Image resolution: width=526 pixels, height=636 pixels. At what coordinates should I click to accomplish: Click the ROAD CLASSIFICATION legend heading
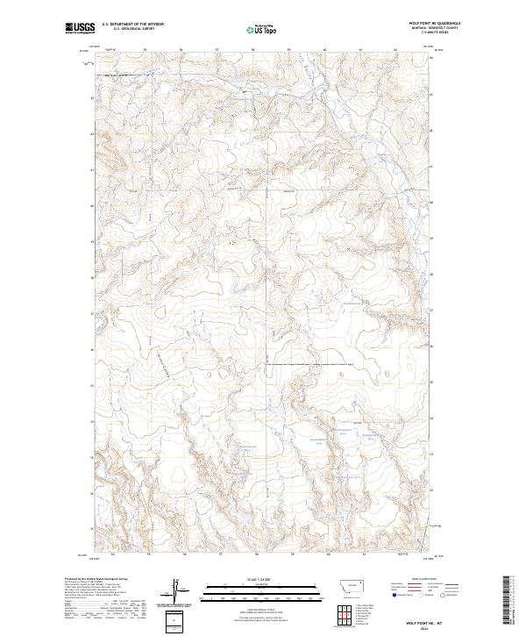tap(424, 580)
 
